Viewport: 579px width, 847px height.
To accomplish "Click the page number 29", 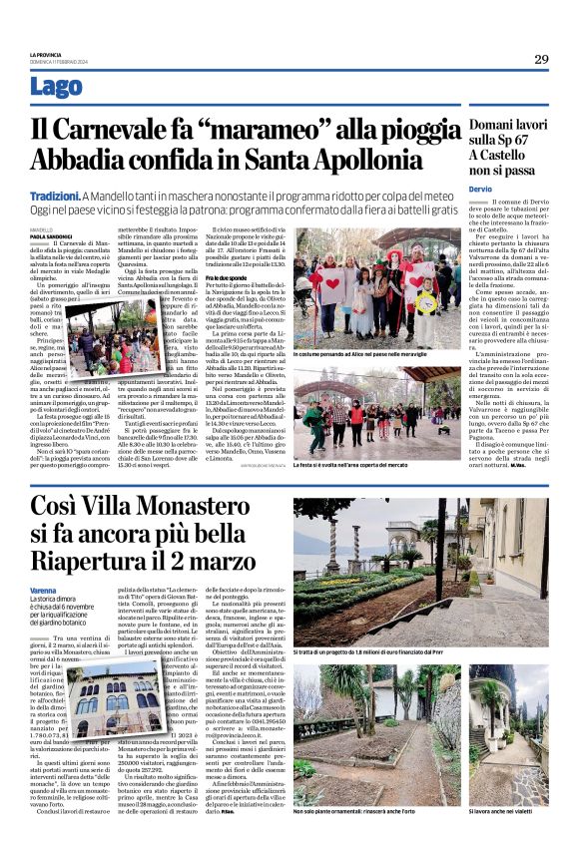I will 540,59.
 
